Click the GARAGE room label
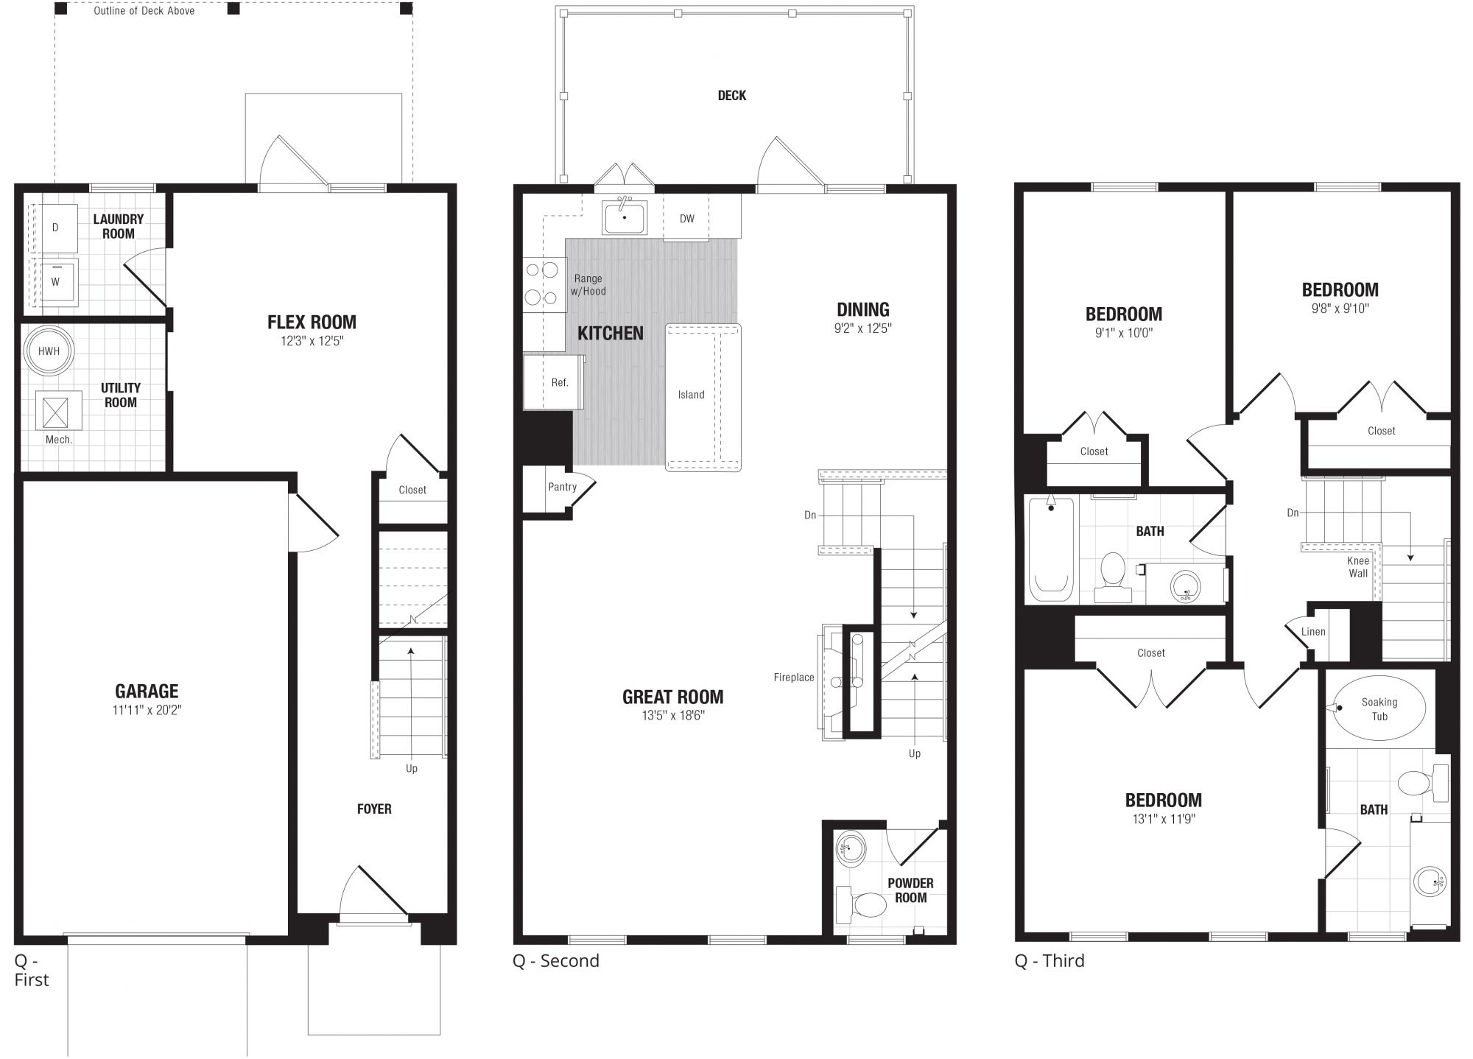point(147,691)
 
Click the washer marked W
point(55,281)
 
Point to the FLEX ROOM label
point(312,322)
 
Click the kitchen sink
point(625,217)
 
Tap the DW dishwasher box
point(686,218)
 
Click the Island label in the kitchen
point(691,395)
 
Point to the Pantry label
point(562,487)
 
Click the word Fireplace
point(794,678)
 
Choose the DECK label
point(732,95)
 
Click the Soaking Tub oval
point(1379,708)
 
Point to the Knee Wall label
point(1358,567)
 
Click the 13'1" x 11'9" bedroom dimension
point(1163,818)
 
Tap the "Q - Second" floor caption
point(556,960)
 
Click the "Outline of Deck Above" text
point(144,11)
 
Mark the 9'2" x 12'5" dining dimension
point(862,328)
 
